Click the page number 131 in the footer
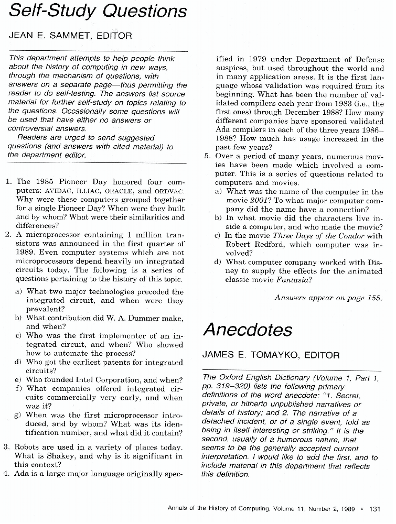(x=375, y=508)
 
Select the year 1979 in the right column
(x=259, y=59)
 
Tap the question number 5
(x=207, y=156)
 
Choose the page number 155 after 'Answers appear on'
(x=374, y=298)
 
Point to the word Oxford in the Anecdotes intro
(x=231, y=378)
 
